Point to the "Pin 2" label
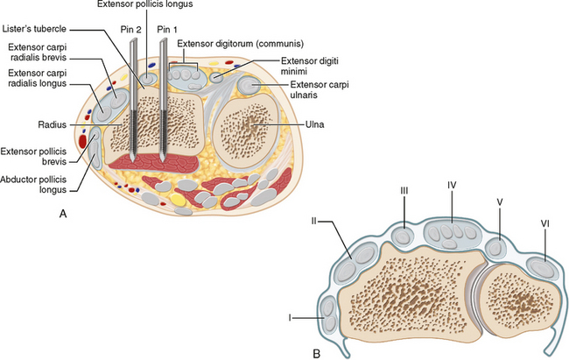pyautogui.click(x=131, y=29)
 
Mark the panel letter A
pyautogui.click(x=61, y=213)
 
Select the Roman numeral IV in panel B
pyautogui.click(x=452, y=186)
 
